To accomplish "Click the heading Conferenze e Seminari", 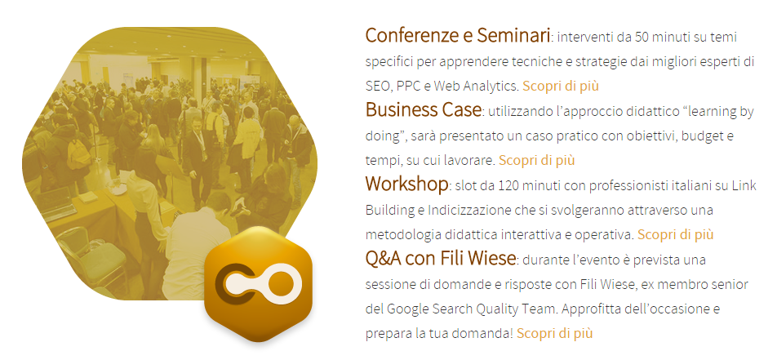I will coord(457,36).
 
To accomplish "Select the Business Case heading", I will coord(423,110).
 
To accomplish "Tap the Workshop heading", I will coord(406,184).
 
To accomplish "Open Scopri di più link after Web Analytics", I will coord(562,85).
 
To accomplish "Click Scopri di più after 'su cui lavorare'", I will coord(537,159).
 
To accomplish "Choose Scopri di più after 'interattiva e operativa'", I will coord(676,234).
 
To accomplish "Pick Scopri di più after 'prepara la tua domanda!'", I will coord(554,333).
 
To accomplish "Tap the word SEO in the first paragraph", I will coord(377,86).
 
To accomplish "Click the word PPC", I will coord(409,86).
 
